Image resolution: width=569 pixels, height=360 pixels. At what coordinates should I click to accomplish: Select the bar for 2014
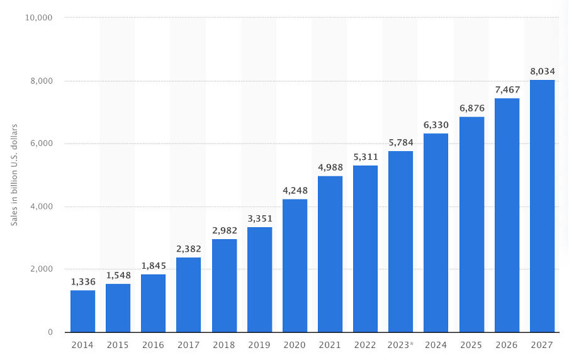(x=82, y=311)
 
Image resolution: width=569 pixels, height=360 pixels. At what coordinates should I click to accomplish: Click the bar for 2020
(x=295, y=266)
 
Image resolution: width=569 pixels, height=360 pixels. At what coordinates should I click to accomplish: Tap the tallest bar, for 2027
(x=542, y=206)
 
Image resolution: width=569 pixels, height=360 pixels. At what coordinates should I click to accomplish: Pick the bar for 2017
(x=189, y=295)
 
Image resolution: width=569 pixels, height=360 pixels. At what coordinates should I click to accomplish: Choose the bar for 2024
(x=436, y=233)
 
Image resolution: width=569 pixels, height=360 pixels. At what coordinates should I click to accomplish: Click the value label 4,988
(x=330, y=167)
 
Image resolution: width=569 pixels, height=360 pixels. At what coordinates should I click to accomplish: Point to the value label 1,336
(x=82, y=281)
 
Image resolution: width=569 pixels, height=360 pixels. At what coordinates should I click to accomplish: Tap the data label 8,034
(x=542, y=71)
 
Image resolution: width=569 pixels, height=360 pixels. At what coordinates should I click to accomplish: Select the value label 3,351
(x=259, y=218)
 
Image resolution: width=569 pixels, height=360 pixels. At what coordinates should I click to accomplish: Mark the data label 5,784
(x=401, y=142)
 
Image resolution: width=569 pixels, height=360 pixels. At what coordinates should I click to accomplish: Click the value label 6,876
(x=471, y=108)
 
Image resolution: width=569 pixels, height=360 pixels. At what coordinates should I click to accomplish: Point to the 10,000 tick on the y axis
(x=39, y=18)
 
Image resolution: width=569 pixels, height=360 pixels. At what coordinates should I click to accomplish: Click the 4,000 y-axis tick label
(x=42, y=206)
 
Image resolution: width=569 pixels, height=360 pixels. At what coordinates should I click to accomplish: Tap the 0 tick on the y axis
(x=49, y=332)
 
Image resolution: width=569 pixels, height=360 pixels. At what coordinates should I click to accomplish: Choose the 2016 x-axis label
(x=154, y=345)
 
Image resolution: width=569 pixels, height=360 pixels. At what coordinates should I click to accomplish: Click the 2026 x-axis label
(x=507, y=345)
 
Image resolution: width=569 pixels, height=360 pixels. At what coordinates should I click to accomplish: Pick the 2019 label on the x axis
(x=259, y=345)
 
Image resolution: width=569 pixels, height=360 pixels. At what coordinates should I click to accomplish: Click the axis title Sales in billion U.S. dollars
(x=14, y=175)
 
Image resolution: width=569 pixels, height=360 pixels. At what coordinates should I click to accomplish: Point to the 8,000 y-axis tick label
(x=42, y=81)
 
